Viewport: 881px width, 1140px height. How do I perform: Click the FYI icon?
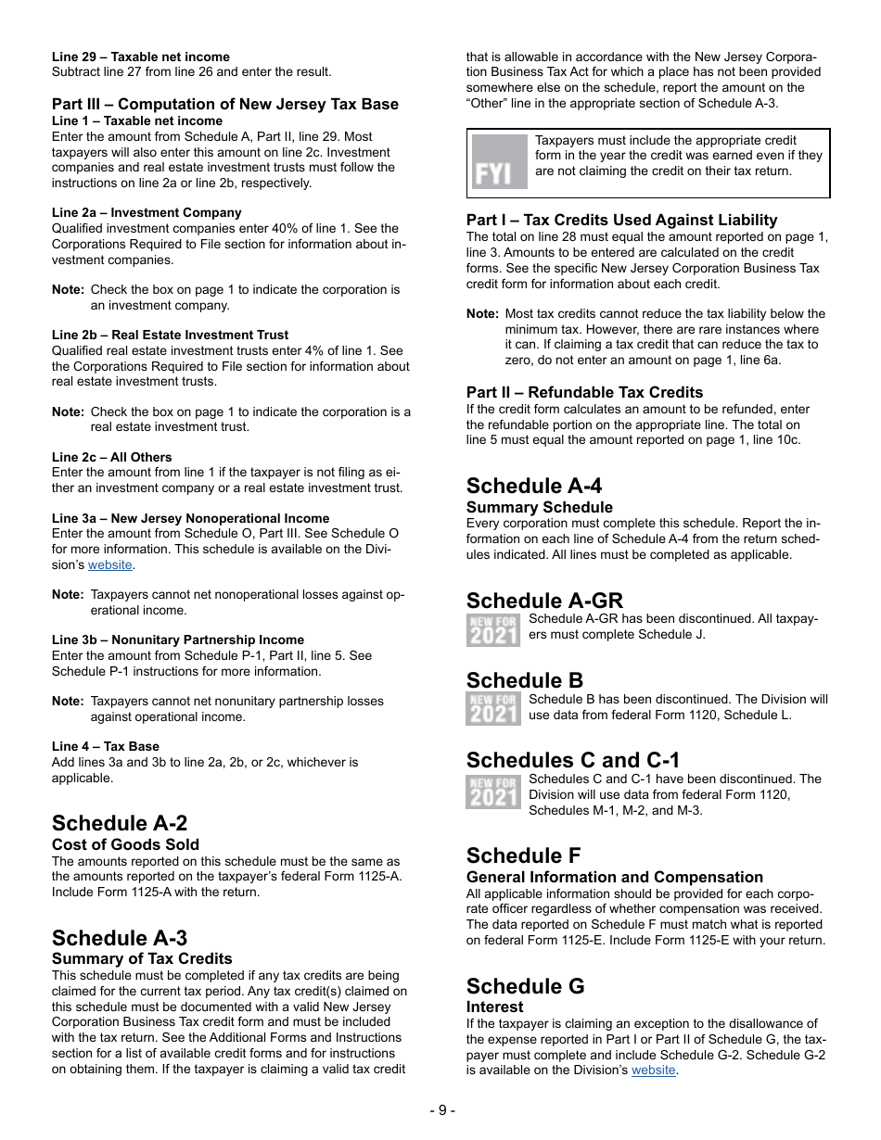tap(499, 162)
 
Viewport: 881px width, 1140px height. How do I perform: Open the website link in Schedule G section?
tap(653, 1070)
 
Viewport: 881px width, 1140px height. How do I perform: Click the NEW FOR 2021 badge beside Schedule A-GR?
tap(493, 629)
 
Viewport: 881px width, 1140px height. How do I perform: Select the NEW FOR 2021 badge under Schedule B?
tap(493, 709)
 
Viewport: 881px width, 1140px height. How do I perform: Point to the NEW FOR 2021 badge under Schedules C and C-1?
tap(493, 792)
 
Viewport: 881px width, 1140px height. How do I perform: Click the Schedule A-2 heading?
tap(120, 823)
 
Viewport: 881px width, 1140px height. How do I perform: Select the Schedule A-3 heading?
tap(120, 938)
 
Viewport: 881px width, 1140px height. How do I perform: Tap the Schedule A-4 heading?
tap(534, 486)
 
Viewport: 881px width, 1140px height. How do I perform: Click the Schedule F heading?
tap(525, 855)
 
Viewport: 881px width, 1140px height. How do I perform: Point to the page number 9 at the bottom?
tap(441, 1110)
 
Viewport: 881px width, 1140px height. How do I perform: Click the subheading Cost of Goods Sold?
tap(125, 844)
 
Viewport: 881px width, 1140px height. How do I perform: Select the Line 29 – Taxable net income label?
tap(141, 57)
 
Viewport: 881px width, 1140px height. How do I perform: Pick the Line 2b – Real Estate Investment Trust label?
tap(170, 335)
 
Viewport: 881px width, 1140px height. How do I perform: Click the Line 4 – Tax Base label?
tap(106, 746)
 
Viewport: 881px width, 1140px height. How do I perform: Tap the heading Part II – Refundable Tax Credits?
tap(584, 392)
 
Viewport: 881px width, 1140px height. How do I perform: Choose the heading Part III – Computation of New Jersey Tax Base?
tap(225, 104)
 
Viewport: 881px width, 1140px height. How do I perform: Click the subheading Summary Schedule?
tap(539, 507)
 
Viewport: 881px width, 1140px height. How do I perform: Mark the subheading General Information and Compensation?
tap(615, 877)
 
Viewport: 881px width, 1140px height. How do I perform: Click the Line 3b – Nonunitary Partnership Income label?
tap(178, 640)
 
